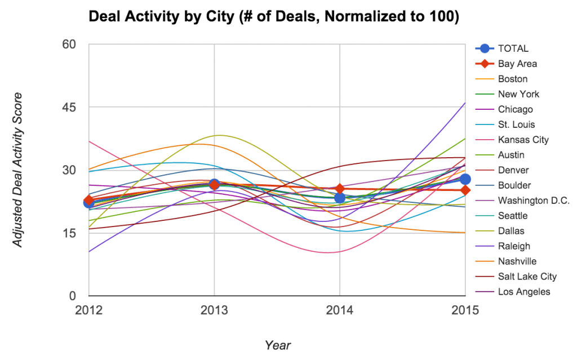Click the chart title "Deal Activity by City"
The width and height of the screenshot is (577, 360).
coord(274,17)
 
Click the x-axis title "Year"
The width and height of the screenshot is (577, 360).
coord(278,345)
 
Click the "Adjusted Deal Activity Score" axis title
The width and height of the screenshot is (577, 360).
coord(18,170)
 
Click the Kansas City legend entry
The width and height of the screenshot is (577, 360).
coord(523,140)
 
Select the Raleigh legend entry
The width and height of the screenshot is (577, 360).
coord(514,246)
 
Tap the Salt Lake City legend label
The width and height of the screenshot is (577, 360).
coord(527,277)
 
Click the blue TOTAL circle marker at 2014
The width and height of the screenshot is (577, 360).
coord(340,198)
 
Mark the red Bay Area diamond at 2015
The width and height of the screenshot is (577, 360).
coord(465,190)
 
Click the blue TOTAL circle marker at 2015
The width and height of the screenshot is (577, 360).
coord(465,179)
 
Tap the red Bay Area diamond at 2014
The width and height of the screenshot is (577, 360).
coord(340,189)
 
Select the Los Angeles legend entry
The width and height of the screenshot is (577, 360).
coord(525,292)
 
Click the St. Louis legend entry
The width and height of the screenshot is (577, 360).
coord(517,125)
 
